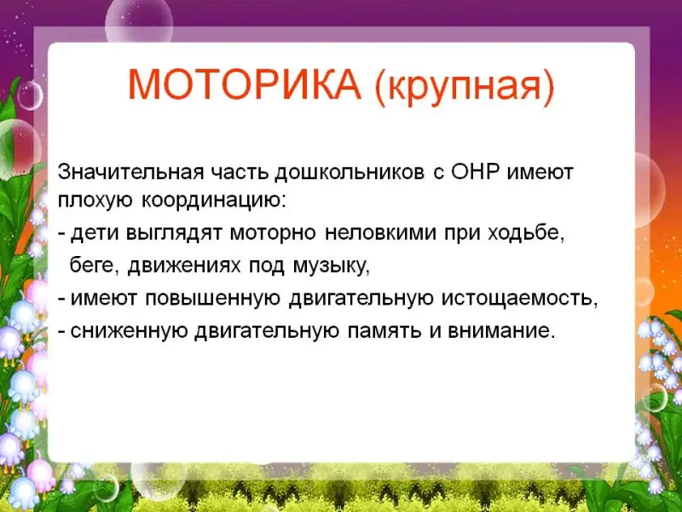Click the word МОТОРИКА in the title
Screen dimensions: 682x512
point(245,84)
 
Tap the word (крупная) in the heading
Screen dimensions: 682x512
point(465,87)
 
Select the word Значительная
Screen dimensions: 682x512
point(131,172)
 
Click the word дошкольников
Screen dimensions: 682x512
point(350,173)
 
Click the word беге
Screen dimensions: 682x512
point(94,265)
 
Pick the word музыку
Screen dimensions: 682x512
point(332,266)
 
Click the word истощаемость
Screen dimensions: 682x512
point(520,300)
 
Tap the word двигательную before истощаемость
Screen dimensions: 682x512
point(361,300)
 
